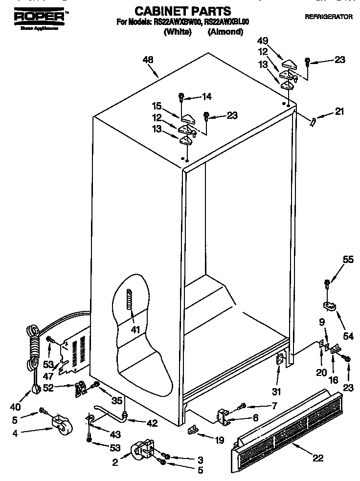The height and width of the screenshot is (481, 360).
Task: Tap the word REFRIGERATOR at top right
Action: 328,17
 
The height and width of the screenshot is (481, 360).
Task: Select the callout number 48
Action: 148,60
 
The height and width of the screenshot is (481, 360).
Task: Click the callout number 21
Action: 338,112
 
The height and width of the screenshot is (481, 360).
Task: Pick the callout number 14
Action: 207,97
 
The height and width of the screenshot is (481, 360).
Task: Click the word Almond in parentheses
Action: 225,32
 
